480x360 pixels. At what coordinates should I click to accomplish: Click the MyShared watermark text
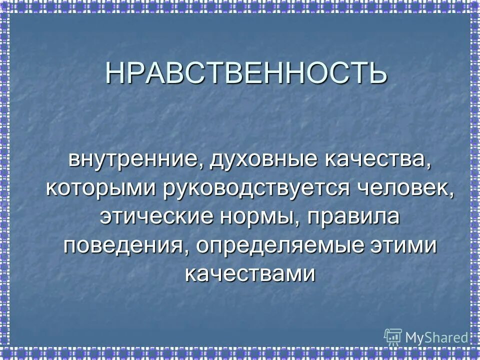[436, 337]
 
